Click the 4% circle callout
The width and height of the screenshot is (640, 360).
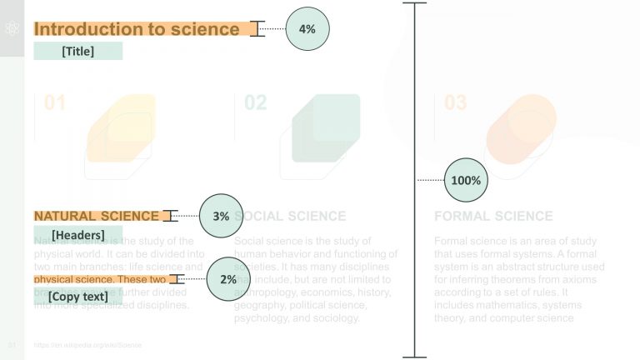[307, 29]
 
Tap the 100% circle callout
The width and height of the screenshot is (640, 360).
[466, 180]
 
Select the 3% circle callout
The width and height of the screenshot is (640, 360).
[221, 216]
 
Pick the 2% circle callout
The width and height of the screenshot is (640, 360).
[228, 279]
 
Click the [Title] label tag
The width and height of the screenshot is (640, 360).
[78, 52]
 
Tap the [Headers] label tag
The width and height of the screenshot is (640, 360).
[77, 235]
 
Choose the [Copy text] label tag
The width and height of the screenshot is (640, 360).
[77, 296]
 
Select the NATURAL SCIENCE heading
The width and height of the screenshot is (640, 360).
[96, 216]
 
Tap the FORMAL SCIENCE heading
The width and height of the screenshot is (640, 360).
[493, 216]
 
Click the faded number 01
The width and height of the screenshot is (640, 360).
[55, 103]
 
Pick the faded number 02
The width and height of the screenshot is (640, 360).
[255, 103]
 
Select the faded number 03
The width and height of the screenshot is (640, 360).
[455, 103]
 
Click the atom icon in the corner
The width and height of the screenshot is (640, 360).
[12, 28]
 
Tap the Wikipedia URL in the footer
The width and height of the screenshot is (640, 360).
[87, 344]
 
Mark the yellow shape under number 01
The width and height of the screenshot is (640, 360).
[122, 128]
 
